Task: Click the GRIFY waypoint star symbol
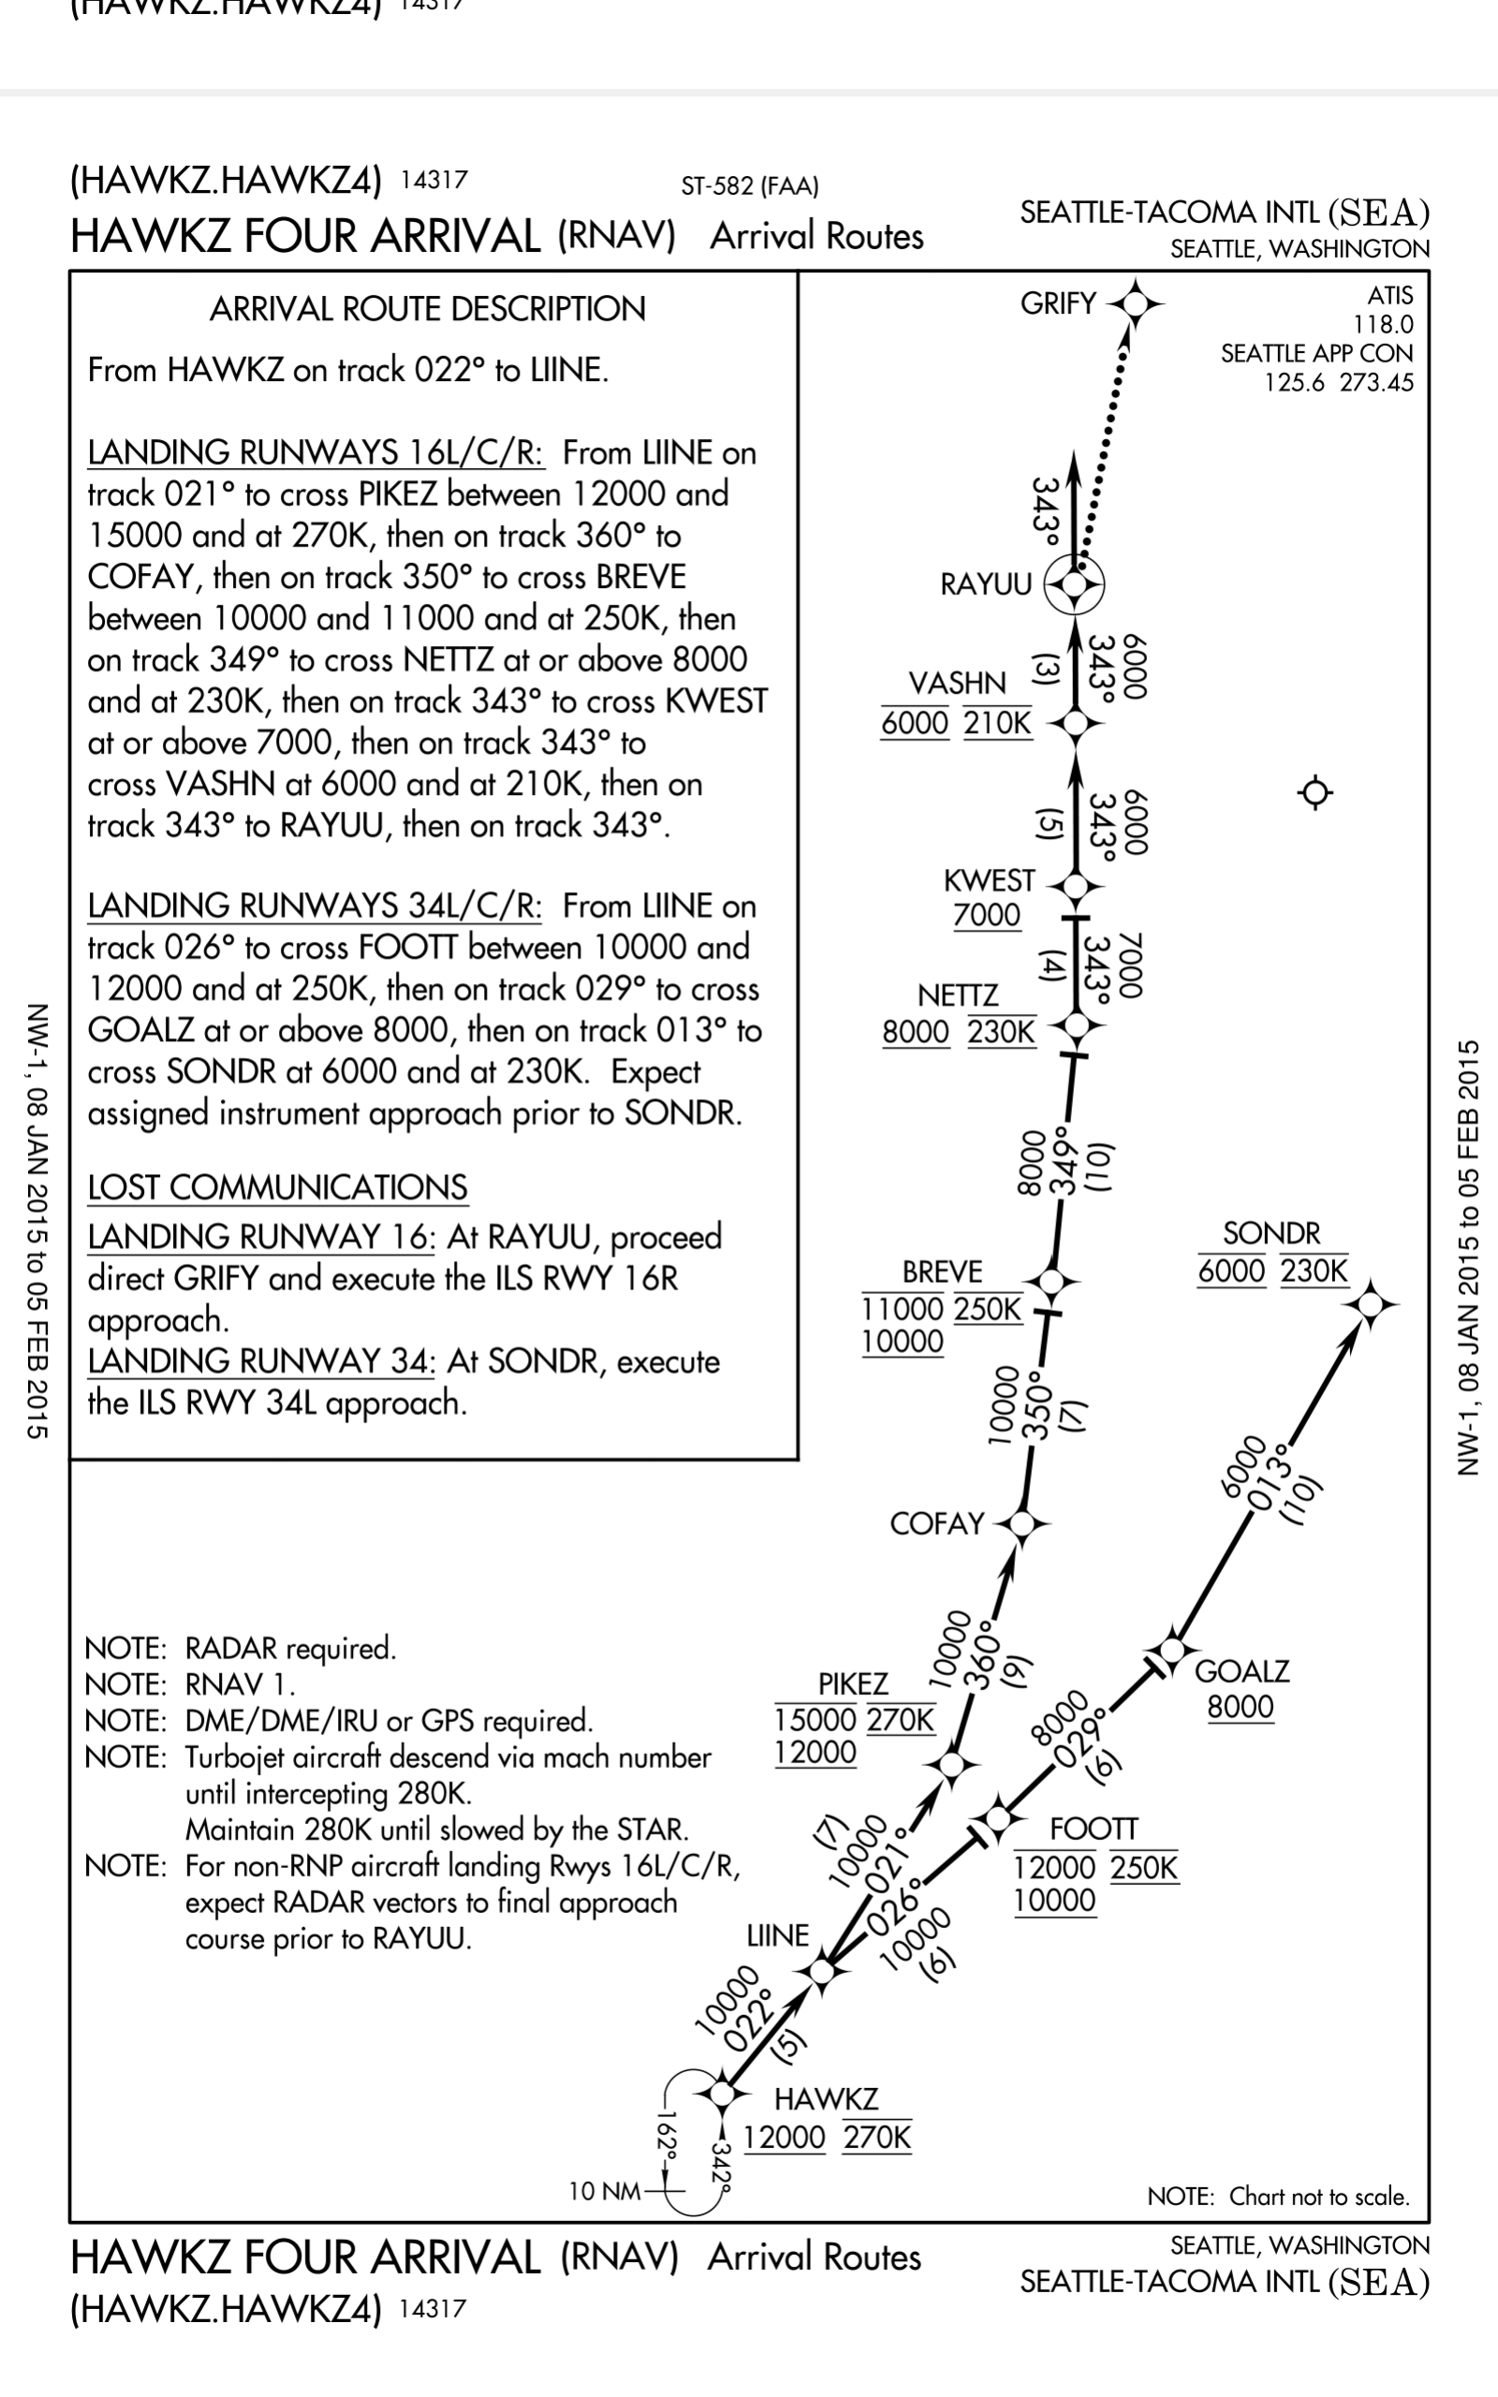tap(1136, 303)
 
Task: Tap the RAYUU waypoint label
tap(986, 584)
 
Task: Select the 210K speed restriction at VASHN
tap(998, 723)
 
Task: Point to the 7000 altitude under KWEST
tap(986, 914)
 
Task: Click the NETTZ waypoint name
tap(957, 994)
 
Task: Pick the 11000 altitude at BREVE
tap(902, 1308)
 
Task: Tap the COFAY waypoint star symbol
tap(1022, 1523)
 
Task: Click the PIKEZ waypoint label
tap(852, 1684)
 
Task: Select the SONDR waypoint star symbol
tap(1370, 1305)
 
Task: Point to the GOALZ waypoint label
tap(1241, 1672)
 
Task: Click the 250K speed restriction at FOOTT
tap(1144, 1868)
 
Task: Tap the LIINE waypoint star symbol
tap(821, 1971)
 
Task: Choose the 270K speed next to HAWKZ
tap(877, 2138)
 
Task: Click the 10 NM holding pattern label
tap(603, 2191)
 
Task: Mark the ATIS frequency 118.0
tap(1383, 324)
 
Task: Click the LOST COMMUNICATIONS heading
tap(277, 1187)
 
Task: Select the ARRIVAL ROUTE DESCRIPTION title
tap(427, 309)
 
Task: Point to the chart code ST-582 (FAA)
tap(749, 186)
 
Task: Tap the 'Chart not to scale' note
tap(1278, 2196)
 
